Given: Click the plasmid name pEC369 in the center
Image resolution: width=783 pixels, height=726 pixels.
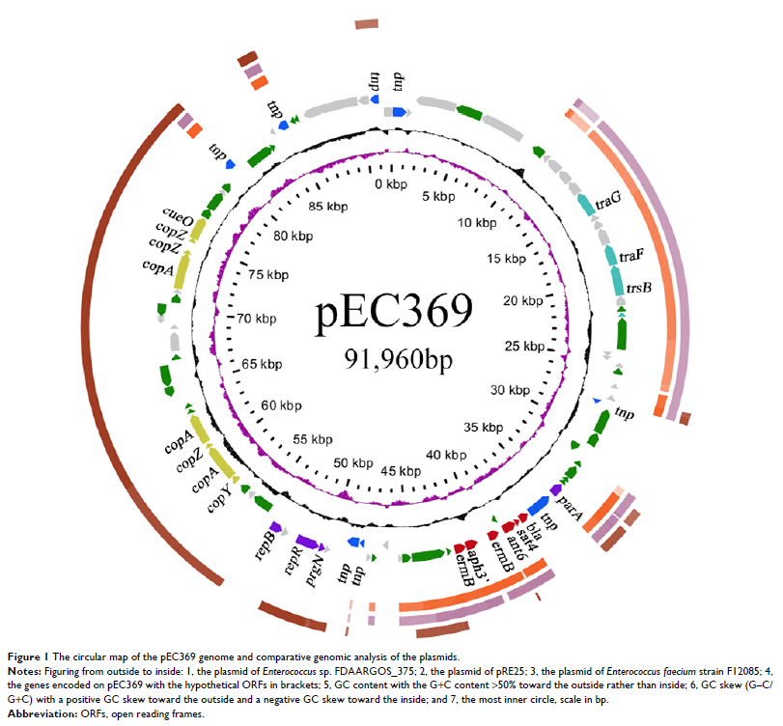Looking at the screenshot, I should pyautogui.click(x=394, y=313).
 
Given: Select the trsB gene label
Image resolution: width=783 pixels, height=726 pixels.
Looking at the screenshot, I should pyautogui.click(x=640, y=287).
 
